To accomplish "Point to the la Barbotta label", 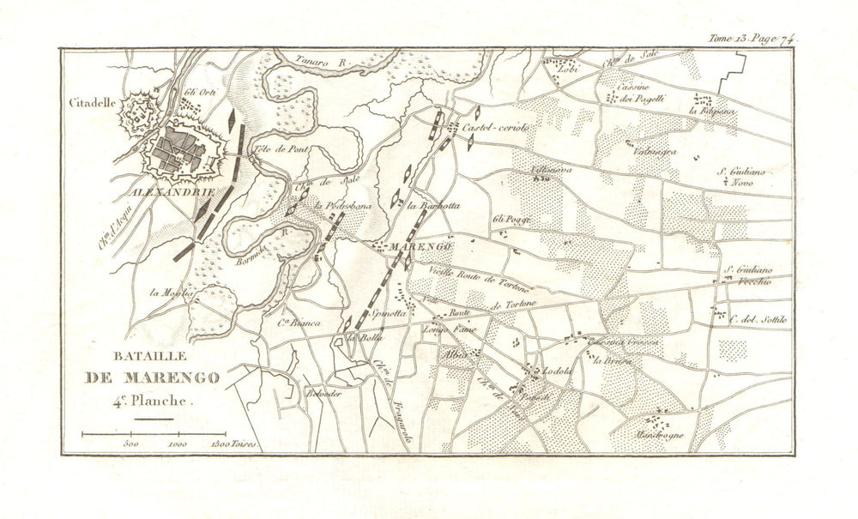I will (x=434, y=206).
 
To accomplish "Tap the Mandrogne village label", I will (x=660, y=435).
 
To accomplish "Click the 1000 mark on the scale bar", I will (x=178, y=445).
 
